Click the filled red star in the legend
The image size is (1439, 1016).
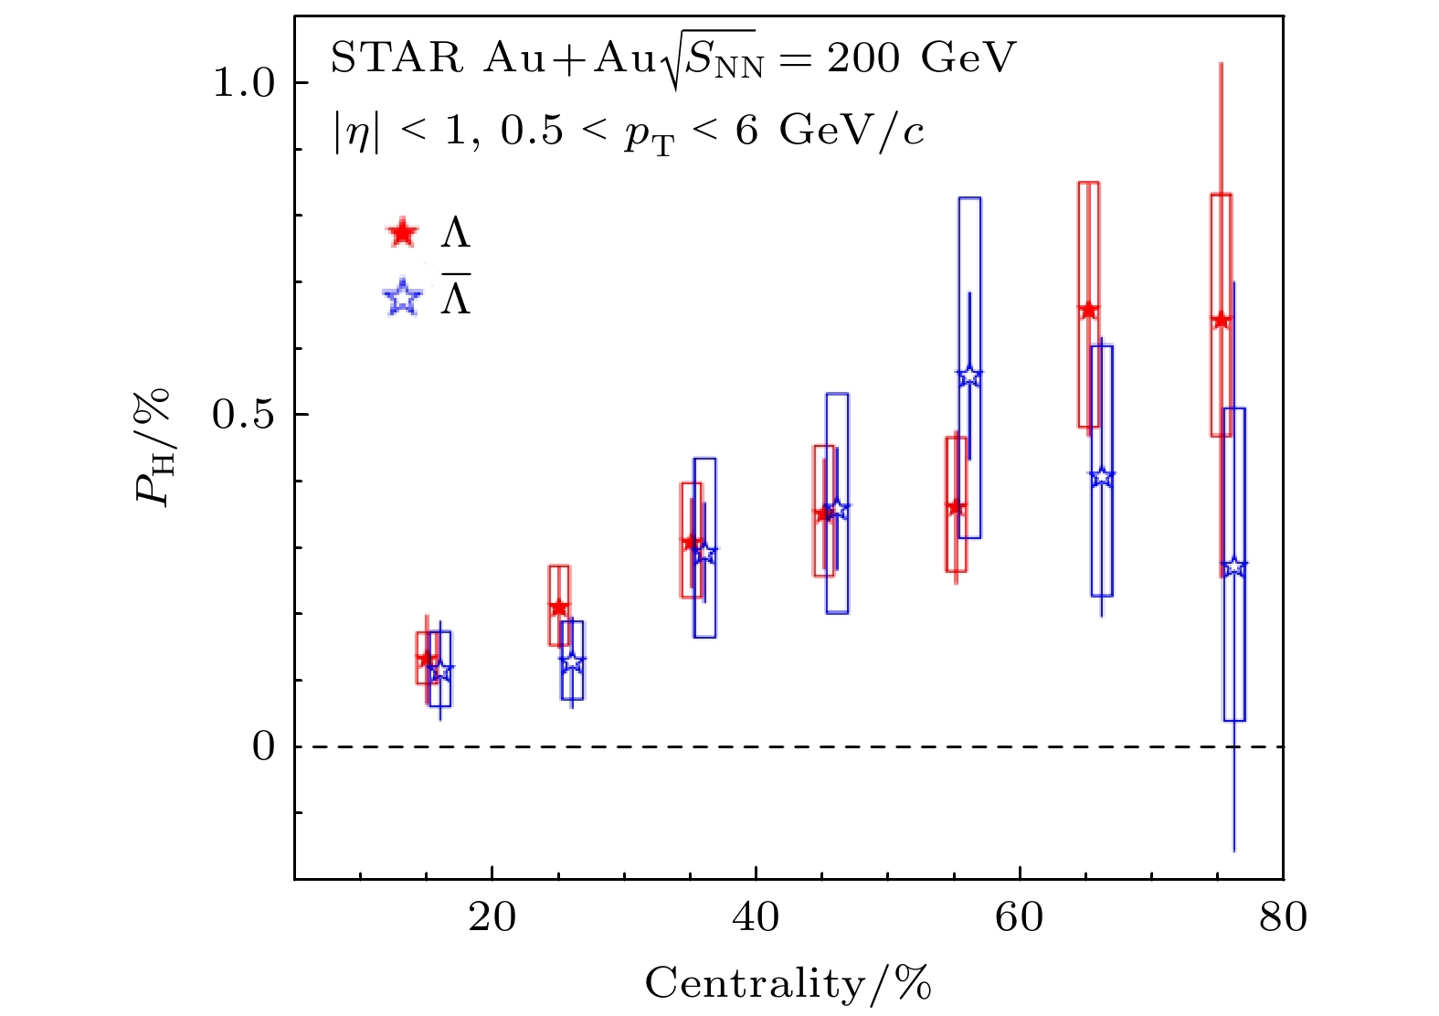click(402, 233)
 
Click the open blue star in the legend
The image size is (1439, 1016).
click(403, 298)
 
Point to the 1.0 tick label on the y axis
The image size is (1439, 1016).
click(243, 83)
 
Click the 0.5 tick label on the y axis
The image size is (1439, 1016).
click(243, 415)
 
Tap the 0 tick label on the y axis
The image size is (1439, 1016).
click(263, 746)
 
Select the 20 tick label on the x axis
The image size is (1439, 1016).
click(492, 917)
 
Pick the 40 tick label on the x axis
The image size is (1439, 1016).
click(756, 917)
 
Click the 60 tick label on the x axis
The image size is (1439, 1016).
click(1020, 917)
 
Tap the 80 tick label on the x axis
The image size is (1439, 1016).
click(1283, 917)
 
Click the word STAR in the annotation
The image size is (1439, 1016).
click(397, 59)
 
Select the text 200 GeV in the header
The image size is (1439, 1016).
click(921, 59)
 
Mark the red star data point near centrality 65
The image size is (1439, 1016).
click(1088, 310)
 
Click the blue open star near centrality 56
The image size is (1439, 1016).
click(969, 376)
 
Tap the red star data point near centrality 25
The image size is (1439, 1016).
click(559, 608)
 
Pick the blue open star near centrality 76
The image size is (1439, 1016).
click(1234, 566)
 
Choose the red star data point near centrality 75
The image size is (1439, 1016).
click(1221, 320)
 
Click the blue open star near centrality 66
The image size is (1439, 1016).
click(1102, 476)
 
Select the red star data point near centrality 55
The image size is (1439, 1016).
click(956, 506)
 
